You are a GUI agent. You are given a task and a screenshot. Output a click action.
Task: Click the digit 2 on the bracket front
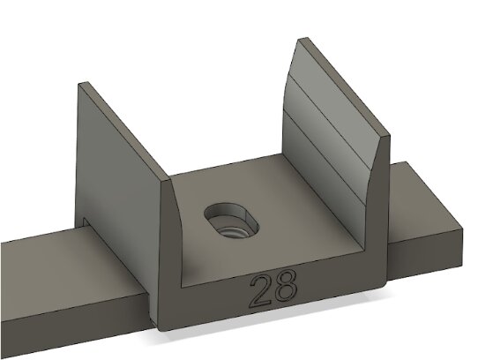261,290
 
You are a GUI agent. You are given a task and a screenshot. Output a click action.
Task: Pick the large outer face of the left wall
119,168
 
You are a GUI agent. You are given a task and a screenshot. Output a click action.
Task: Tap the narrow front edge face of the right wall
380,203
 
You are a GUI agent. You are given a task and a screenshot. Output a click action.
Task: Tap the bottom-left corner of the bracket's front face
161,327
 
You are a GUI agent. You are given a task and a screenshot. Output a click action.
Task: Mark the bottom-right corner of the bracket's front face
387,283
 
